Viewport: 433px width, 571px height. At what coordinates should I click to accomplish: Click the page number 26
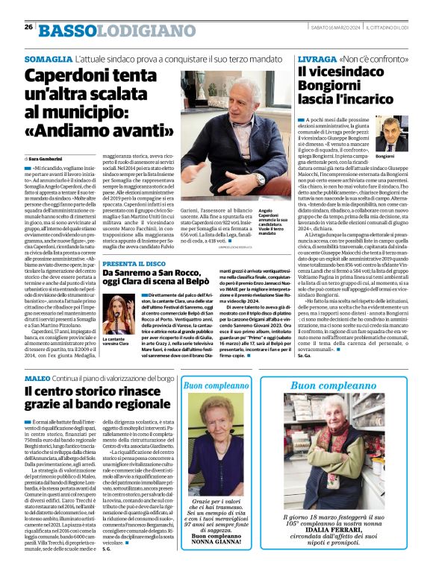point(28,28)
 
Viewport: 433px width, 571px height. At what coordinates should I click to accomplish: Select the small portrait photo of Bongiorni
point(387,133)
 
